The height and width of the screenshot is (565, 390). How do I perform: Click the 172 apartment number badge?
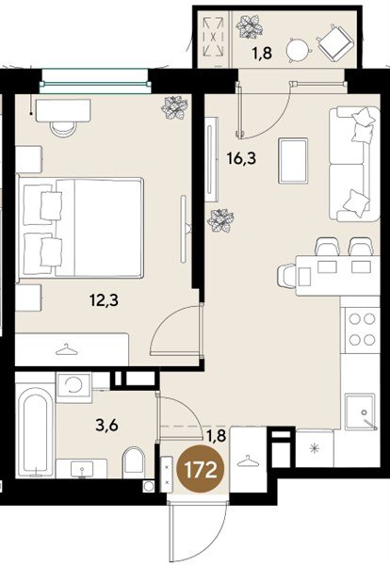[x=201, y=468]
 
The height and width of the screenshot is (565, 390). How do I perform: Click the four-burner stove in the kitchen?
[x=362, y=329]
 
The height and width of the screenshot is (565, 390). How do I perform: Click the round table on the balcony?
[x=299, y=50]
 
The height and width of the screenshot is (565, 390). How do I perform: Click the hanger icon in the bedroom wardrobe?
[x=65, y=349]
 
